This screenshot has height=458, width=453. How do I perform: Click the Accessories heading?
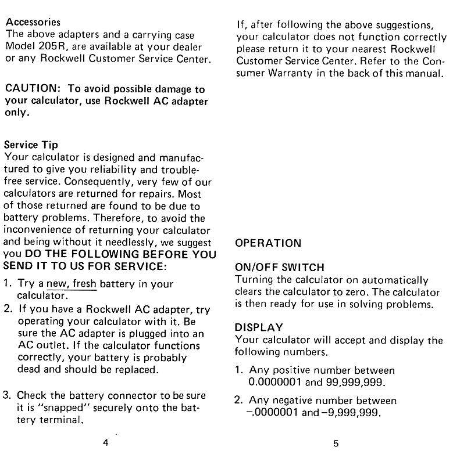coord(33,22)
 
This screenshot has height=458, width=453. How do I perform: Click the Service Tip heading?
coord(31,145)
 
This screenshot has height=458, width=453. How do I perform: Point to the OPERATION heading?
coord(268,243)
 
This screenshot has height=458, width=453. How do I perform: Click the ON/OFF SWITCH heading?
coord(279,268)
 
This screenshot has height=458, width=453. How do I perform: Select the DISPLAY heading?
coord(259,328)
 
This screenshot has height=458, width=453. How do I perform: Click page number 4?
coord(105,443)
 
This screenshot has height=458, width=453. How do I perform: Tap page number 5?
coord(336,444)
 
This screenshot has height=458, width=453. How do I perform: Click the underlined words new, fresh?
coord(72,284)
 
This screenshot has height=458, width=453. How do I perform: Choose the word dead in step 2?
coord(28,370)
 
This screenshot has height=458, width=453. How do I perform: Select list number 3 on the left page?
coord(7,396)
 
